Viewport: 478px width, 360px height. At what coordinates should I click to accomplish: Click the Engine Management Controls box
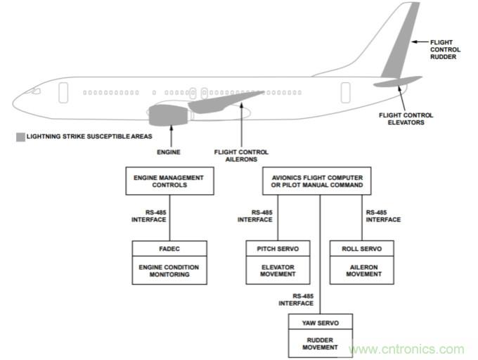click(170, 181)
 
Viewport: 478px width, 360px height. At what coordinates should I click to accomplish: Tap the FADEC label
click(170, 248)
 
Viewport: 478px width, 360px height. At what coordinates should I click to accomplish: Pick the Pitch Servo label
click(278, 248)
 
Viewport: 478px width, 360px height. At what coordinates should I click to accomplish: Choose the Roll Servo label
click(362, 248)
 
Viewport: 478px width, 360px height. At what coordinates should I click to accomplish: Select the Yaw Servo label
click(321, 323)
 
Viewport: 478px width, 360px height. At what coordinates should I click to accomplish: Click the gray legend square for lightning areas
click(19, 136)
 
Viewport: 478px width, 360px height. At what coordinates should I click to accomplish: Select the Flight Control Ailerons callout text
click(241, 155)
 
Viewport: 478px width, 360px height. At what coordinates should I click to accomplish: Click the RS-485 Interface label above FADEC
click(149, 216)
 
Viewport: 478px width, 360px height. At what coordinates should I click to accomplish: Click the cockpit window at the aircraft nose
click(35, 91)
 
